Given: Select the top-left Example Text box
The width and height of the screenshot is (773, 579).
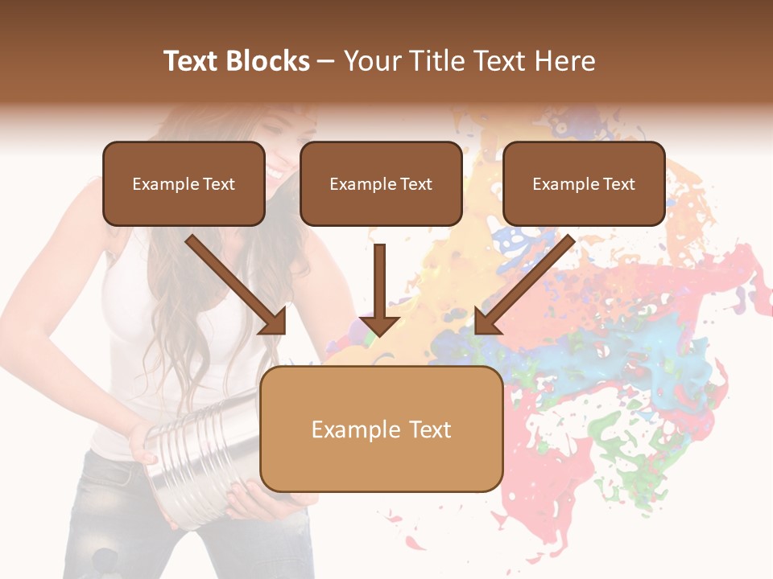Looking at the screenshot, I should [x=184, y=183].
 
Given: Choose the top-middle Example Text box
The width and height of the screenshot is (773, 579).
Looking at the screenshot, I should [x=381, y=183].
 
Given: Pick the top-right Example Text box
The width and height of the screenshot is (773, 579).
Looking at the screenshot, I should [x=584, y=183].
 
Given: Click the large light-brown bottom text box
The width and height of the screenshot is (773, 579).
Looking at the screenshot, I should [x=382, y=429].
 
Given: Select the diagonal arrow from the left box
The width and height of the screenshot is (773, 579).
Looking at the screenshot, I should [x=234, y=281].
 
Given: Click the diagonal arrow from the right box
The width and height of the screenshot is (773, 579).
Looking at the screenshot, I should [x=527, y=281].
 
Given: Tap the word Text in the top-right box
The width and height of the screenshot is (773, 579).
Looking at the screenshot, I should [x=618, y=184].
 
